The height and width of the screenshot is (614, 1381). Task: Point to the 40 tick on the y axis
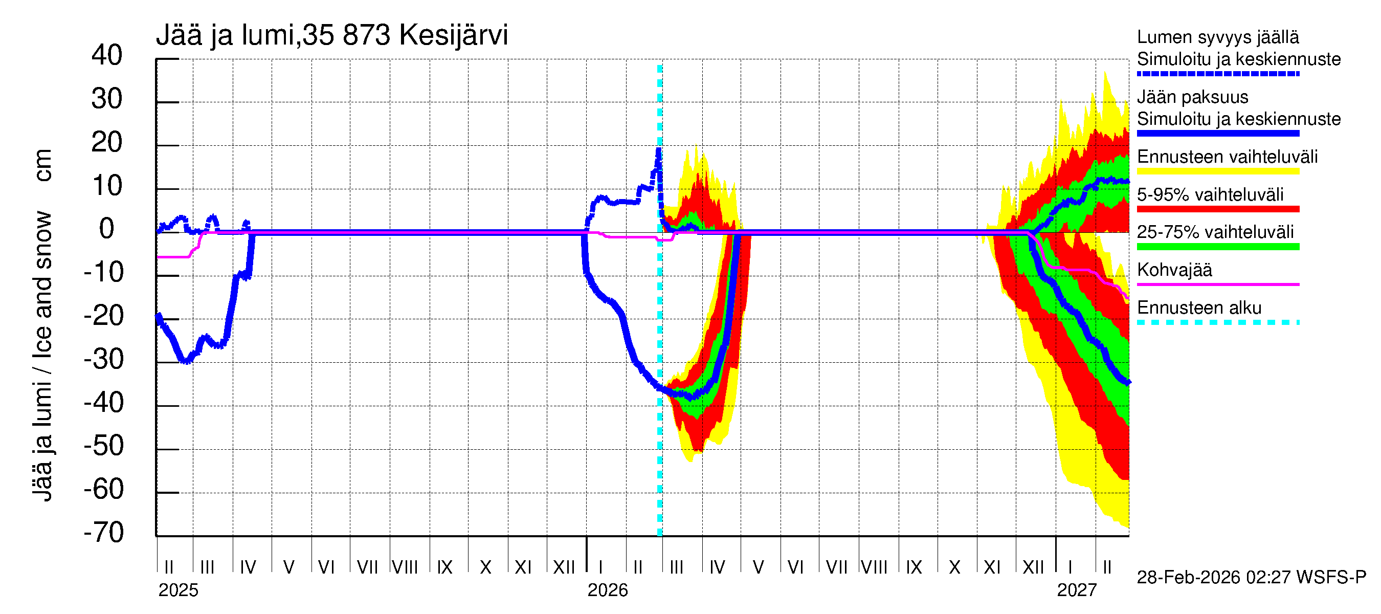(x=107, y=55)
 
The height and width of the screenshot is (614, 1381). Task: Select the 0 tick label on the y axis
(x=107, y=229)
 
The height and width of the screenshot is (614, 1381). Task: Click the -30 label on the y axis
(x=103, y=359)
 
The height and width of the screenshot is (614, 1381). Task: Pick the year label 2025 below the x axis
(x=178, y=590)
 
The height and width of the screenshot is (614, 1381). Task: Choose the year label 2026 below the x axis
(x=608, y=590)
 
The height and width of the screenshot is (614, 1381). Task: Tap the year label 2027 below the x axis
(x=1077, y=590)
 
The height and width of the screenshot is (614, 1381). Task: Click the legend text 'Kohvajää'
(x=1174, y=270)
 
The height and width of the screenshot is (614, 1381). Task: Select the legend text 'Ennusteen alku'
(x=1199, y=308)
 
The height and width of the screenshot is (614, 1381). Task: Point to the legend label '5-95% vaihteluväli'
(x=1210, y=194)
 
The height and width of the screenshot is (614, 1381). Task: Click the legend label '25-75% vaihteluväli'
(x=1215, y=232)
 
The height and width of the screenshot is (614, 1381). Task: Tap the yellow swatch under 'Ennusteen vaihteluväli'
(x=1217, y=171)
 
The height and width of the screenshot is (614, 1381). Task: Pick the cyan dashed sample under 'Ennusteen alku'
(x=1217, y=323)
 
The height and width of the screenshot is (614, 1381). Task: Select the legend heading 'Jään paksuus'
(x=1192, y=97)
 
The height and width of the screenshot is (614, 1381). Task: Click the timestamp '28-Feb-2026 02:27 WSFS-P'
(x=1251, y=578)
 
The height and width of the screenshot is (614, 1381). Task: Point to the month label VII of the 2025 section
(x=367, y=567)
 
